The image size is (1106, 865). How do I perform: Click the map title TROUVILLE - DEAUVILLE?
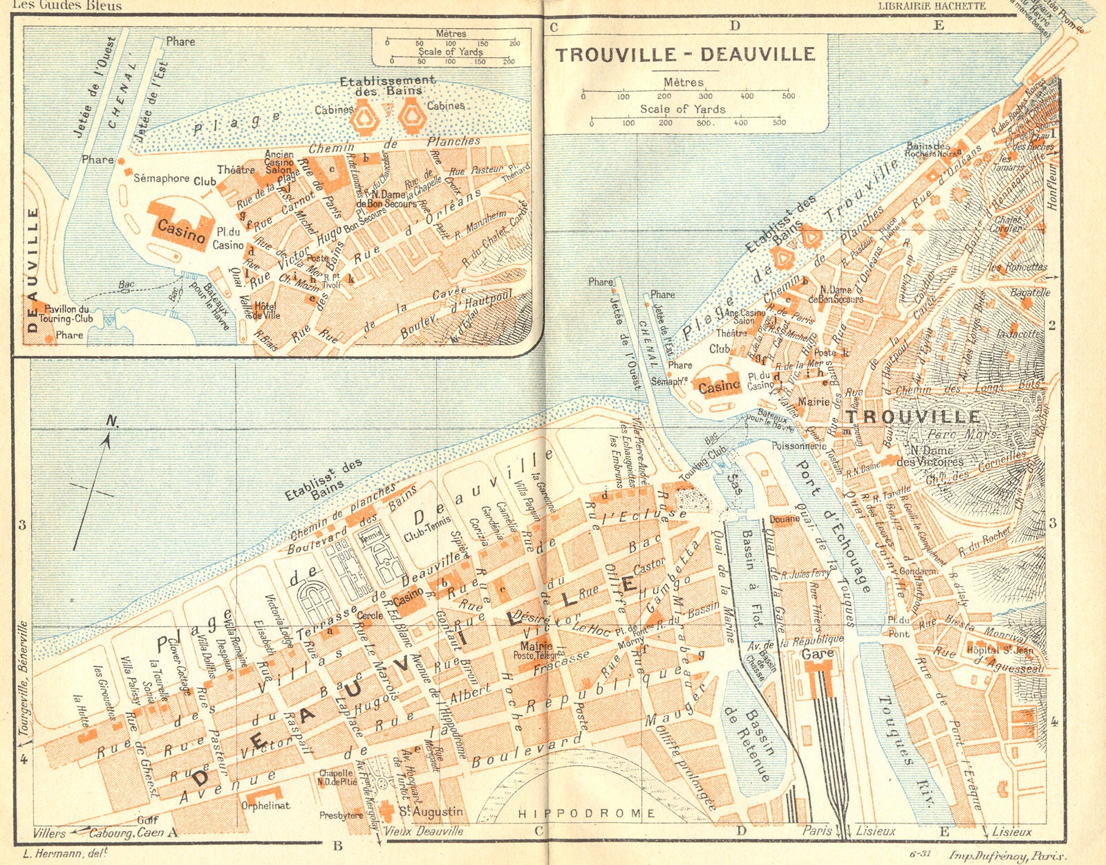click(686, 55)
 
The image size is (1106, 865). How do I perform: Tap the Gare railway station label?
click(818, 653)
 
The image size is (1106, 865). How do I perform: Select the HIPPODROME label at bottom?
click(586, 813)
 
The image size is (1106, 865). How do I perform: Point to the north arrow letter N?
click(112, 421)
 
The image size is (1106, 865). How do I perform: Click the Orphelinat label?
click(266, 806)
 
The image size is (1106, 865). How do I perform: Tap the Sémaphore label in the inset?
click(161, 178)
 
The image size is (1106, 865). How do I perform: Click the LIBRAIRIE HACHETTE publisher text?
click(931, 6)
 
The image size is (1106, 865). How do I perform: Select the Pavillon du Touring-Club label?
click(66, 314)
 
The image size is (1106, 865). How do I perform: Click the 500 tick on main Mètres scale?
click(788, 96)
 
